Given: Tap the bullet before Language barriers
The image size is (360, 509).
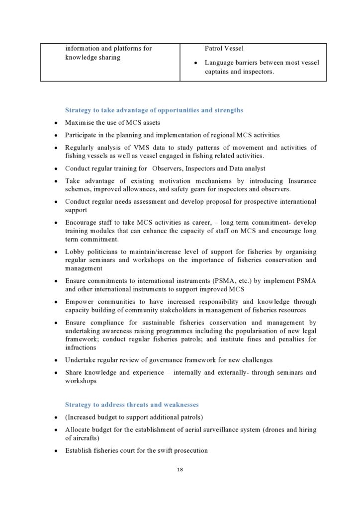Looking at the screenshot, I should pyautogui.click(x=196, y=63).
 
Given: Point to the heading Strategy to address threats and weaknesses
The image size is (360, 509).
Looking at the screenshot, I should pyautogui.click(x=132, y=405).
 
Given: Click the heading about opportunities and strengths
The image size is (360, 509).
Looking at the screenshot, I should pyautogui.click(x=154, y=110).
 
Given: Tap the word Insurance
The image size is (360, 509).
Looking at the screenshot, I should pyautogui.click(x=300, y=181).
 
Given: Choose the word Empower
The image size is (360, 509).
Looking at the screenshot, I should pyautogui.click(x=80, y=302).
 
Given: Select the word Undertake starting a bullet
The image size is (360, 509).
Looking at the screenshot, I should pyautogui.click(x=81, y=360).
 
